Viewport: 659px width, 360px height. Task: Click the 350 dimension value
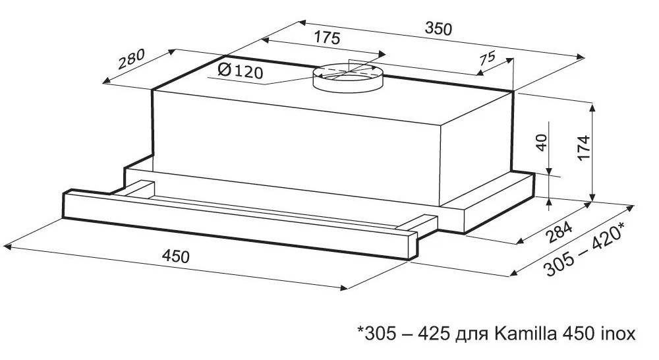[x=438, y=28]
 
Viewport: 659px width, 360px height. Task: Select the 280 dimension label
[x=131, y=59]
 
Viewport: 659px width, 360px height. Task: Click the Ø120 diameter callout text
[x=241, y=71]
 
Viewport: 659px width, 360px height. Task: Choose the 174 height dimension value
[x=584, y=148]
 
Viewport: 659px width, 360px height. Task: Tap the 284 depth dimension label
[x=559, y=233]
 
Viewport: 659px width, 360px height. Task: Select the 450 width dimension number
[x=176, y=255]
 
